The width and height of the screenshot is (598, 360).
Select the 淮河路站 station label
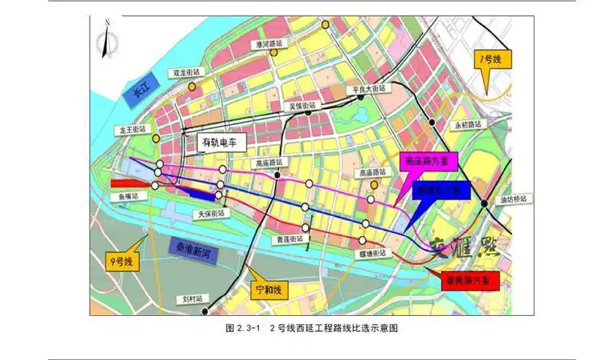[269, 45]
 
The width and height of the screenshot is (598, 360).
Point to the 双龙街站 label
[187, 73]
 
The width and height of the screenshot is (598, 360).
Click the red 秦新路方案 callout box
[467, 282]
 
